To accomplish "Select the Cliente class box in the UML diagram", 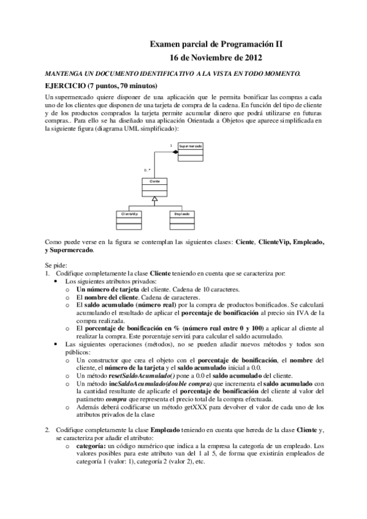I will point(155,188).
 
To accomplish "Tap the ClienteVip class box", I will point(129,220).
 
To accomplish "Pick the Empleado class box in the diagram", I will point(181,220).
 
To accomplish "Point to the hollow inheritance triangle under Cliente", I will point(155,200).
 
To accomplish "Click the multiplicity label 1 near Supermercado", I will point(171,145).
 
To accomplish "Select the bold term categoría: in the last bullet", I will point(91,447).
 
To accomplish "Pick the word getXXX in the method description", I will point(195,406).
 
